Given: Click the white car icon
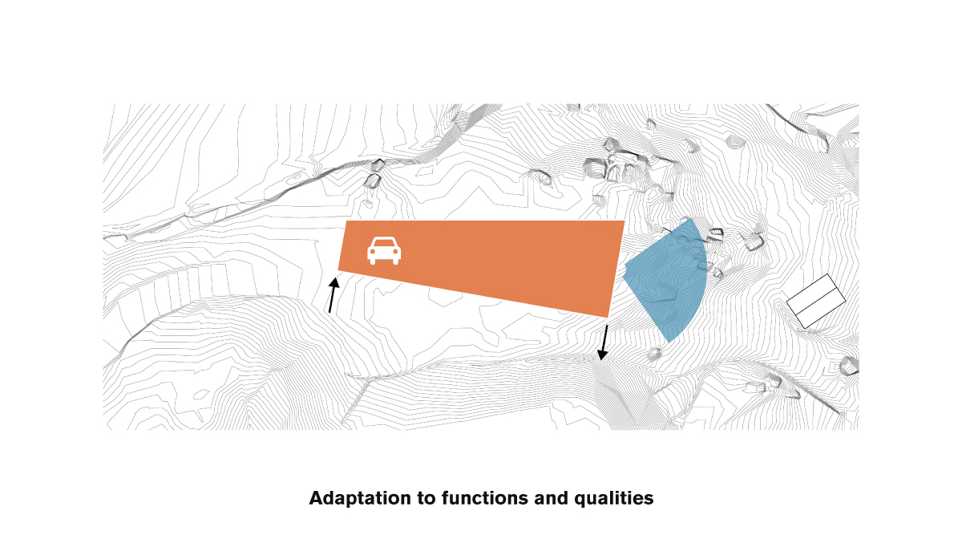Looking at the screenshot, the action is [x=384, y=250].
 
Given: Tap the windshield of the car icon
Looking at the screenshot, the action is [x=384, y=243].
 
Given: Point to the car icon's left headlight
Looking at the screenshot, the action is [x=373, y=252].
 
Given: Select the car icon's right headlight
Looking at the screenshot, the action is [x=395, y=252].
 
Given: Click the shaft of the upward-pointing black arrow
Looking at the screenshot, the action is [x=332, y=299].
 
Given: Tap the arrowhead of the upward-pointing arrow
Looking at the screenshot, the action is [x=334, y=282].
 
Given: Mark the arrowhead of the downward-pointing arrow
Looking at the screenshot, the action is [x=602, y=355].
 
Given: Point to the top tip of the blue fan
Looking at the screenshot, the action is [x=689, y=218].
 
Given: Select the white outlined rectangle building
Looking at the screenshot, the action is [x=816, y=302].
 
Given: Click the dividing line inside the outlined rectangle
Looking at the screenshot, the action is [x=816, y=302].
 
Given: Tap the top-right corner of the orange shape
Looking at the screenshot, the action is [x=624, y=221].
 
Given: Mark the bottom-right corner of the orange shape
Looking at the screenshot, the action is [x=608, y=317].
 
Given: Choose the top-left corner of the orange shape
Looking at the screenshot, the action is [x=346, y=221].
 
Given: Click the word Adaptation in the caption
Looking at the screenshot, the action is [x=360, y=498].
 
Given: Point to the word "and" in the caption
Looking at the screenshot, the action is [x=551, y=498].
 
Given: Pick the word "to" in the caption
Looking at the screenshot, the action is [x=426, y=499].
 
